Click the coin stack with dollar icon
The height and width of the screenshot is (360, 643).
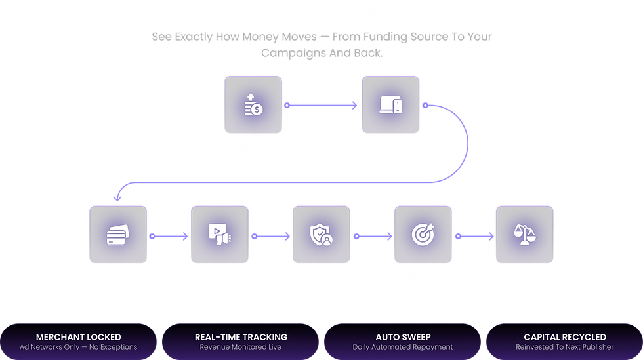[253, 105]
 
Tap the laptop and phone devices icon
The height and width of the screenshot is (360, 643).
[390, 105]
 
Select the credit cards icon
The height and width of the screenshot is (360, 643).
[117, 235]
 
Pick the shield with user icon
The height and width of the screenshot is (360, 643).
[321, 235]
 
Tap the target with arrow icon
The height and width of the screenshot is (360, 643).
[423, 235]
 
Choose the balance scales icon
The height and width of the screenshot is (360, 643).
[524, 235]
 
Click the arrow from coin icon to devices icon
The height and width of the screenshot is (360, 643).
[321, 106]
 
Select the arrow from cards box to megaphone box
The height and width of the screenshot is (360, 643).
[169, 236]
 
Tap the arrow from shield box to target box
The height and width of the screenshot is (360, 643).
[373, 236]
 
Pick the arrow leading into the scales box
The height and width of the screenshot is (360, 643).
[474, 236]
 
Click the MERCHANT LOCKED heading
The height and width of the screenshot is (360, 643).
[78, 337]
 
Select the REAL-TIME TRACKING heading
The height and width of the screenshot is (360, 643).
[241, 337]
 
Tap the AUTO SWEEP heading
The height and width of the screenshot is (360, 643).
[403, 337]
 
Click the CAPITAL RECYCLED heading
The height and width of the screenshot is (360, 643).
[565, 337]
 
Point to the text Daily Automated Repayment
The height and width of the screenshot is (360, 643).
[403, 347]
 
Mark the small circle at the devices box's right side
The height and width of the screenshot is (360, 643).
[425, 106]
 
